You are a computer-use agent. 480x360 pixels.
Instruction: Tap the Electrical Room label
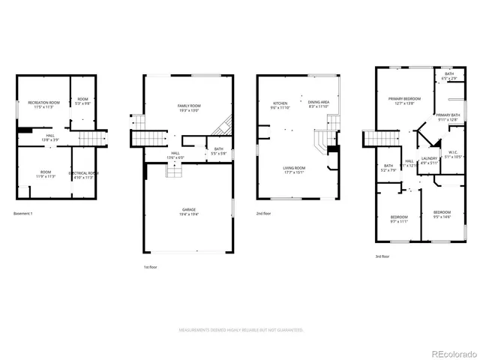pos(83,175)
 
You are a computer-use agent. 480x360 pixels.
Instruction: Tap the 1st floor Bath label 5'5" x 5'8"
pos(218,151)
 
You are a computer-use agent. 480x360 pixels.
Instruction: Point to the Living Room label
pos(293,169)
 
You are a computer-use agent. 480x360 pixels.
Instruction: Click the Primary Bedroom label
pos(404,101)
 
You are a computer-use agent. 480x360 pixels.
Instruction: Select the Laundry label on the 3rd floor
pos(429,160)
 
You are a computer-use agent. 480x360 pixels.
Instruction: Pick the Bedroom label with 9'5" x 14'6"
pos(442,214)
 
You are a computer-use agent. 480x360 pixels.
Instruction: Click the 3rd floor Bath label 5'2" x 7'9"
pos(388,168)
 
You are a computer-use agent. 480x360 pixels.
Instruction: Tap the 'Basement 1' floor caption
pos(24,214)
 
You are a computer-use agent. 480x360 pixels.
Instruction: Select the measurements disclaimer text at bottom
pos(240,330)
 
